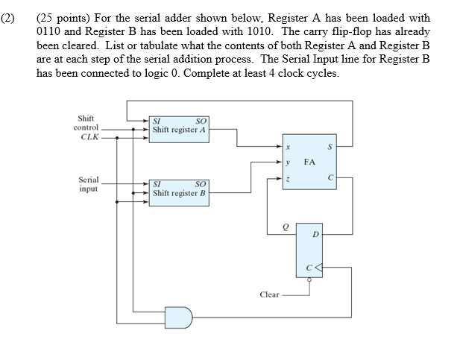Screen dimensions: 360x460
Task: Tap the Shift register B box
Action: (x=180, y=190)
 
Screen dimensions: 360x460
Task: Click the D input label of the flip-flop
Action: (x=315, y=234)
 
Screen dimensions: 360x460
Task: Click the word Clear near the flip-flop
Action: (x=269, y=294)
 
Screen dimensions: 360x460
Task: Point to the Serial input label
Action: (x=89, y=185)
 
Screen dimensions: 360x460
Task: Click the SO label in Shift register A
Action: (x=200, y=121)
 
